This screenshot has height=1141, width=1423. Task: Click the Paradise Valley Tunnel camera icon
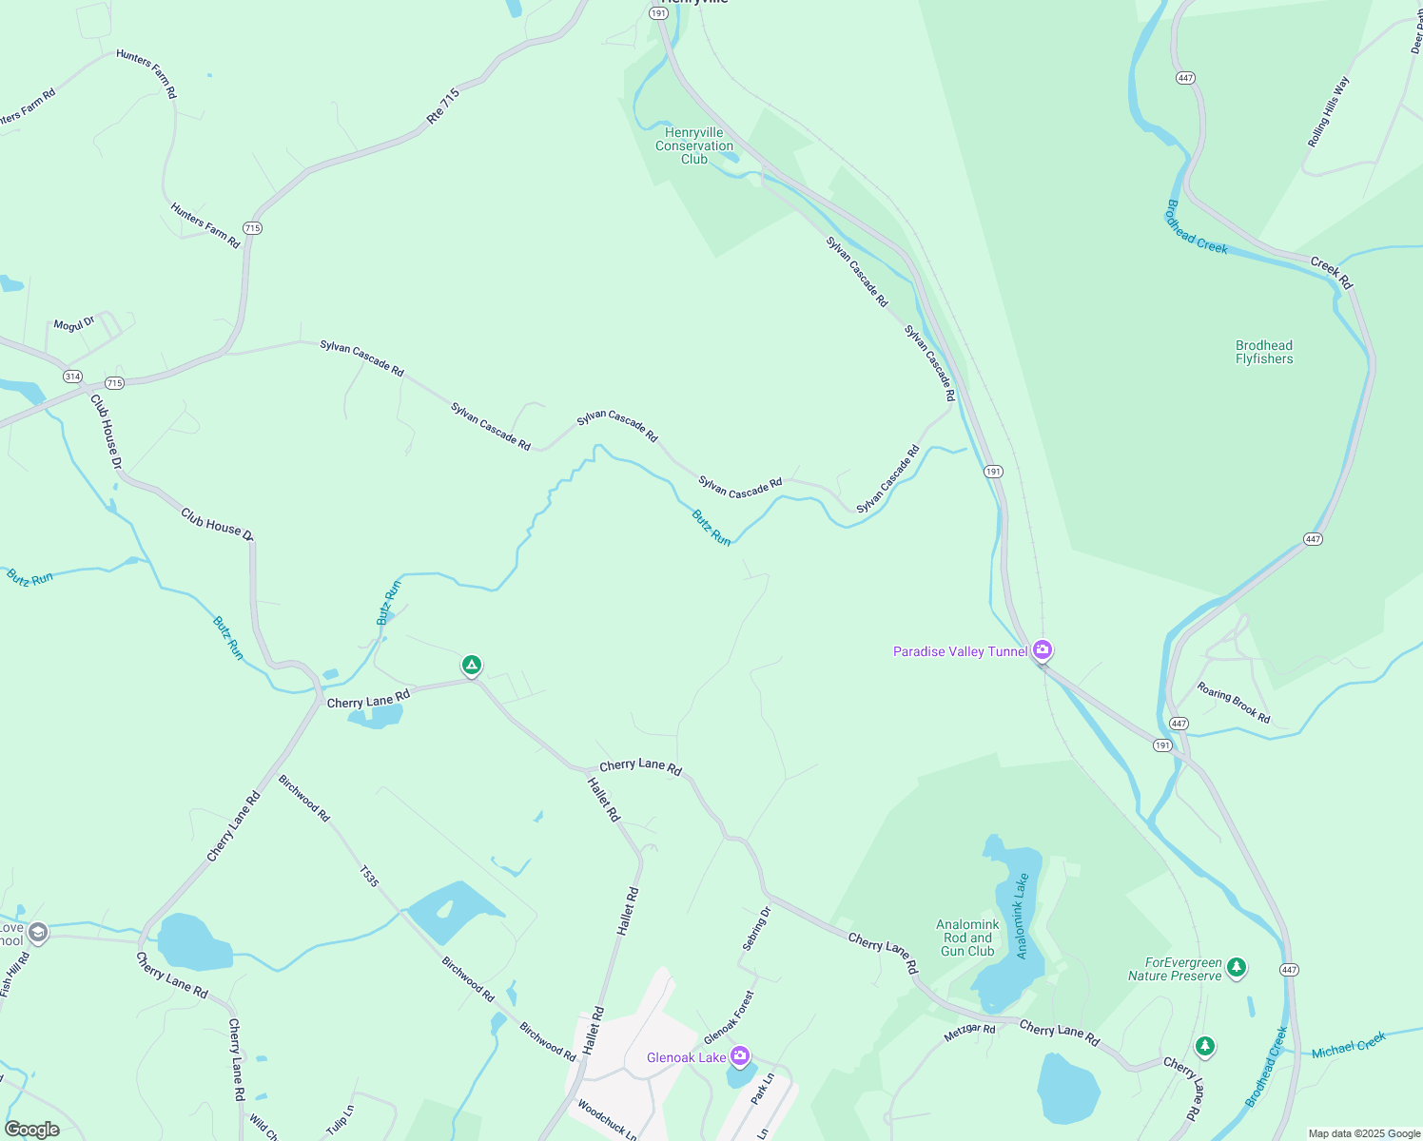[x=1043, y=650]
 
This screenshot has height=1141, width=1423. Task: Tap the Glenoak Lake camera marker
[x=740, y=1056]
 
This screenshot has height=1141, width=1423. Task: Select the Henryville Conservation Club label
[x=694, y=146]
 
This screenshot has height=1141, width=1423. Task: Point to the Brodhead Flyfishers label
[x=1264, y=353]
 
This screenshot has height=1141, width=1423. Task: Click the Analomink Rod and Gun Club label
[x=967, y=938]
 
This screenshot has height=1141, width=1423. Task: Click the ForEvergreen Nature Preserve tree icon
[x=1236, y=968]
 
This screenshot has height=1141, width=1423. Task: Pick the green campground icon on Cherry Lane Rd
[x=472, y=665]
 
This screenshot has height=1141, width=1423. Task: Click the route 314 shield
[x=73, y=377]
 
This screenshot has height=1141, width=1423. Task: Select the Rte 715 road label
[x=443, y=106]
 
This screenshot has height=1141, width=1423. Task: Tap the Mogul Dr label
[x=74, y=324]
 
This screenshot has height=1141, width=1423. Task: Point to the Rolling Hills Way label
[x=1329, y=112]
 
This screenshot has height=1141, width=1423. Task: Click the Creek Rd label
[x=1331, y=272]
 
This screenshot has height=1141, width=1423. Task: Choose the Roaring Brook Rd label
[x=1233, y=703]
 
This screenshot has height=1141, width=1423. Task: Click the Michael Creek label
[x=1349, y=1047]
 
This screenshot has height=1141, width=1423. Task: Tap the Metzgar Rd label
[x=969, y=1033]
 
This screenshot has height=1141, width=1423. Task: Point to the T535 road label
[x=369, y=877]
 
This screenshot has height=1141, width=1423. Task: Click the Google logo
[x=32, y=1130]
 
